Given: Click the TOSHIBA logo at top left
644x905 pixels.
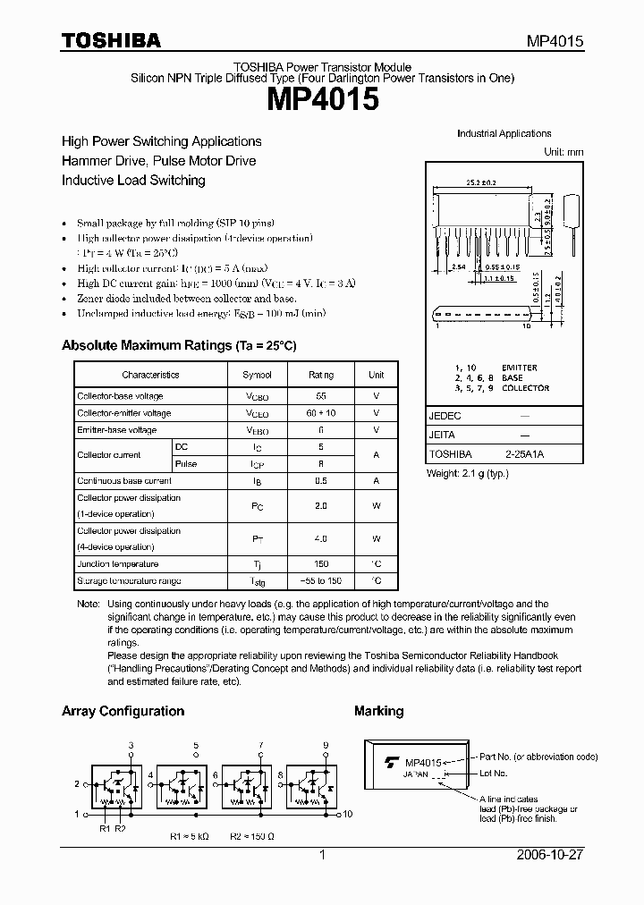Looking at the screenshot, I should pos(111,40).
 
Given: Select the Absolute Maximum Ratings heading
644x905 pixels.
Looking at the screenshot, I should pos(178,345).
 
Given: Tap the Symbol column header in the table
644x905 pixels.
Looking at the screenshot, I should pos(257,376).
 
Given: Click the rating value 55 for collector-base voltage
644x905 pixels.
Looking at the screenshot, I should pos(321,396).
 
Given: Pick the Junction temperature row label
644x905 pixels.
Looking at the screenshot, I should pos(118,564).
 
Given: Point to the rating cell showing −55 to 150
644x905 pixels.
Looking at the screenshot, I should pos(321,581).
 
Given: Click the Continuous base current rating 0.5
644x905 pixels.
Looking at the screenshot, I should pos(321,481).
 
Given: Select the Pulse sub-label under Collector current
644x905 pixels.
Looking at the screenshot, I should pos(186,464).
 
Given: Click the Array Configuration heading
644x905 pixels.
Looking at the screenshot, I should pos(123,712).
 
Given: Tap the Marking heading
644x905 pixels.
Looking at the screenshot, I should pos(378,712).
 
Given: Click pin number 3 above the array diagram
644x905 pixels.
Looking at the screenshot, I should pos(131,745).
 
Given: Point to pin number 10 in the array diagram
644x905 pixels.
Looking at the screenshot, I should pos(348,814).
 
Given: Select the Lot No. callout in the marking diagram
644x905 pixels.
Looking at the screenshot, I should pos(493,773).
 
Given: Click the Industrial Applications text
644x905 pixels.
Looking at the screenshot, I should pos(504,134).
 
